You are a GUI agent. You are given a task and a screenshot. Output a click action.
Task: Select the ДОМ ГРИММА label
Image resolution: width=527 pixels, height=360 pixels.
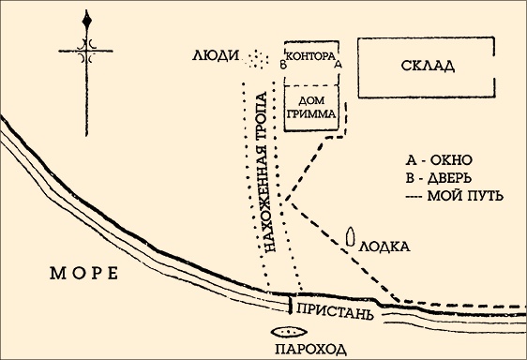click(x=309, y=108)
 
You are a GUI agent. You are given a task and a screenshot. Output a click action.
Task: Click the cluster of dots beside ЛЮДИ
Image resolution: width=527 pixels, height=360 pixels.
click(x=254, y=61)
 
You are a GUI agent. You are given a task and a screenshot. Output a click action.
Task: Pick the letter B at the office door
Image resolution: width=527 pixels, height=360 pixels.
click(x=281, y=65)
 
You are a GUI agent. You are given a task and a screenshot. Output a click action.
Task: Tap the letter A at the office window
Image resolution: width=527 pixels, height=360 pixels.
click(x=338, y=65)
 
